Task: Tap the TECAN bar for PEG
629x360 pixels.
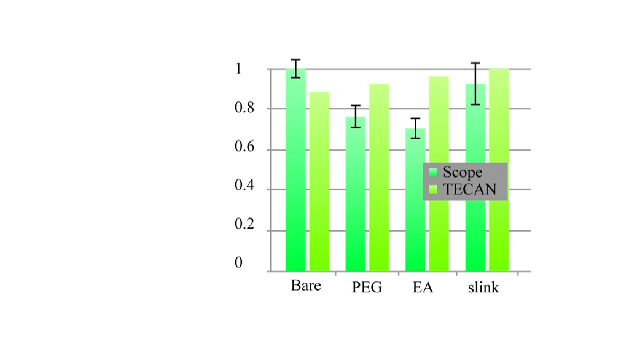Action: pos(379,178)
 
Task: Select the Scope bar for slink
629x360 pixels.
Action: pos(475,178)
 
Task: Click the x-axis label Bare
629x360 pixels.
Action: pos(306,286)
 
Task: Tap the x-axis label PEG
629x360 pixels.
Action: pos(367,288)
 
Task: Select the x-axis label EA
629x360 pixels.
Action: pos(423,288)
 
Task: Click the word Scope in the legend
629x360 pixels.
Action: pos(463,173)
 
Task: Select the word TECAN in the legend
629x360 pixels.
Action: pos(470,189)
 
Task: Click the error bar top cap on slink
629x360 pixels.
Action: pos(475,63)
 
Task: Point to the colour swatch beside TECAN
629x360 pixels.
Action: pos(433,190)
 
